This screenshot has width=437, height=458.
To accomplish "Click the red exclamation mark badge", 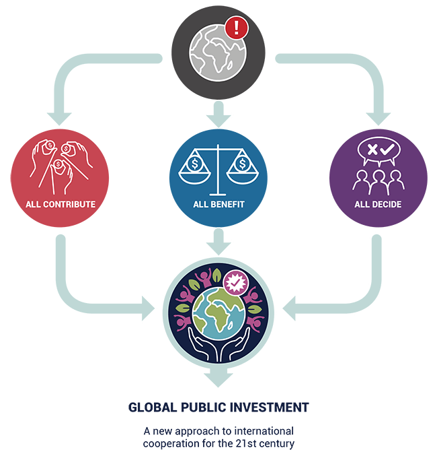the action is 237,28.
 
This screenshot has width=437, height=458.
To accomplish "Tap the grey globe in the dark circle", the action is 217,53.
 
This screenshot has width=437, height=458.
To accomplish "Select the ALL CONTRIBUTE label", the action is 61,204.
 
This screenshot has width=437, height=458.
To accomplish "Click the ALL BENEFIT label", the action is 218,204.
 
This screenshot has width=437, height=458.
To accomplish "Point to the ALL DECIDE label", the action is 378,204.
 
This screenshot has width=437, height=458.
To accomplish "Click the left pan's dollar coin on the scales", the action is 194,164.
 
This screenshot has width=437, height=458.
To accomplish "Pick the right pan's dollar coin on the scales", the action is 242,164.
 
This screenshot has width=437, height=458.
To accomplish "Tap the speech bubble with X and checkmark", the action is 379,151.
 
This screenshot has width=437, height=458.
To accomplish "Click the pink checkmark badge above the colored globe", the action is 235,283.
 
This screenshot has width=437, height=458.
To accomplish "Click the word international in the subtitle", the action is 264,431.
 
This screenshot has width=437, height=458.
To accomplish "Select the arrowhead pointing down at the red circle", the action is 59,119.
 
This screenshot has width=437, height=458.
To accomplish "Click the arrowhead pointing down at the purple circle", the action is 378,119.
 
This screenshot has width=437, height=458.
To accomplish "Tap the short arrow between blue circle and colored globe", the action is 218,242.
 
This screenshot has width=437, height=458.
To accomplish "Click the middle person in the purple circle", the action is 379,182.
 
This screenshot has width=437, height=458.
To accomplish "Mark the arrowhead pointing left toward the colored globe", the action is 289,308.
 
